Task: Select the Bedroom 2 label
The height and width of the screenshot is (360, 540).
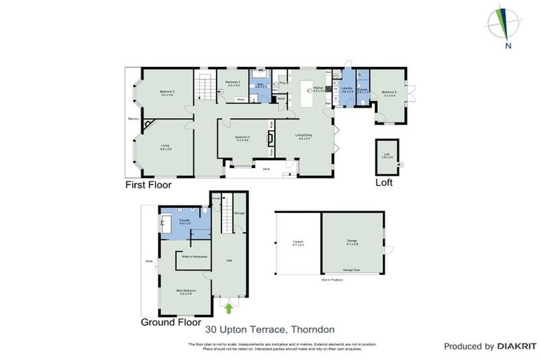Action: tap(167, 93)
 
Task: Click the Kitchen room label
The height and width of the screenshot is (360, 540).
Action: tap(319, 89)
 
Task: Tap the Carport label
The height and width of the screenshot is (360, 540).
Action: tap(297, 243)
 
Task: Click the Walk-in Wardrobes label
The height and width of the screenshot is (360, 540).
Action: tap(193, 257)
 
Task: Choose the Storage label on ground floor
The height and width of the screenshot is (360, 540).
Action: tap(239, 212)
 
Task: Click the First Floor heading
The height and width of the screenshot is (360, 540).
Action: tap(148, 185)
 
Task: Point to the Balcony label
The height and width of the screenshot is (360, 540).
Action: tap(131, 119)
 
